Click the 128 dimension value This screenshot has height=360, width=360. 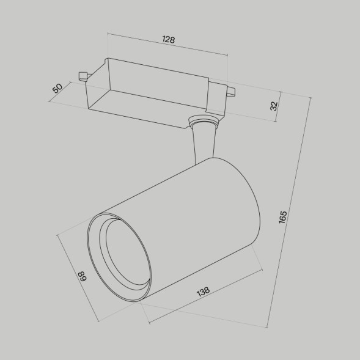coord(169,40)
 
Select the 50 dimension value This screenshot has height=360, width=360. coord(58,88)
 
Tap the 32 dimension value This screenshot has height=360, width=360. coord(274,105)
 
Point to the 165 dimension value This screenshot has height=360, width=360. coord(282,217)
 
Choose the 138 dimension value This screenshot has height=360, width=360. coord(204,292)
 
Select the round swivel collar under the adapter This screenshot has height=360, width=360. coord(203,123)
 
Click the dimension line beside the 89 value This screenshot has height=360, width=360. coord(78,278)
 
